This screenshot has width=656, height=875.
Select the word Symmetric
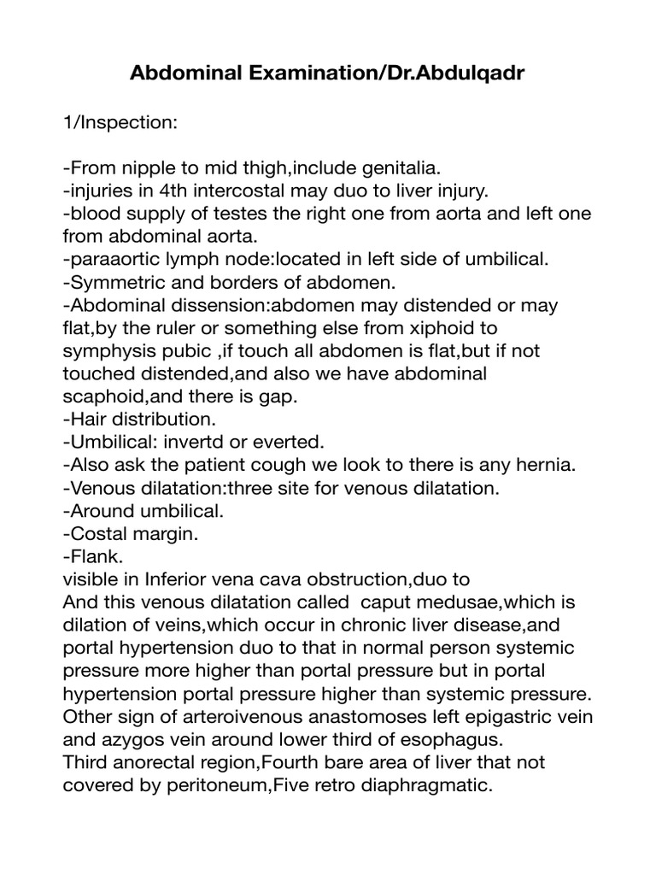113,281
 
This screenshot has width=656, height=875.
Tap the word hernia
548,466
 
